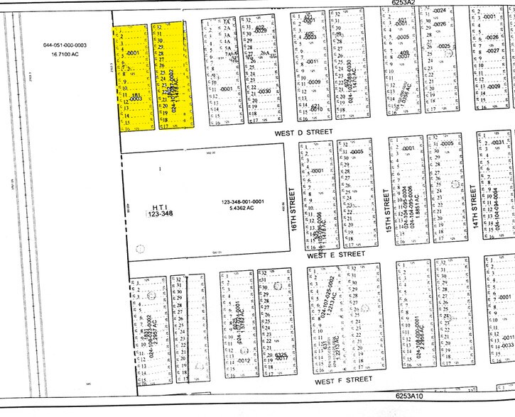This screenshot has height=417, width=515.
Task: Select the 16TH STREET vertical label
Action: click(x=291, y=199)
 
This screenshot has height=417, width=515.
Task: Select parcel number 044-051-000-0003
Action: click(x=65, y=45)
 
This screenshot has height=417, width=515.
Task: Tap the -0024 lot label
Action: click(x=439, y=11)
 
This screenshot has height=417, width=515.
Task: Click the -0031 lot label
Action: click(x=497, y=143)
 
